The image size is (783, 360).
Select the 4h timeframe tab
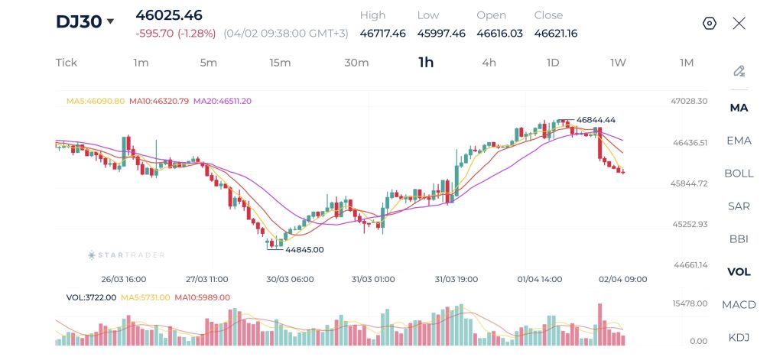coord(489,63)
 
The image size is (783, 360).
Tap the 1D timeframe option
coord(552,63)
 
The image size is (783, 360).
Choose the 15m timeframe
coord(280,63)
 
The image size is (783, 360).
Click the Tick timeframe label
coord(67,63)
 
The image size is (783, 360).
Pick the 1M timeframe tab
coord(686,63)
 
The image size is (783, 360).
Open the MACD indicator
coord(739,304)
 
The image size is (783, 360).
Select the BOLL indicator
coord(739,173)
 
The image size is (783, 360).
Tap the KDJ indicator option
coord(739,337)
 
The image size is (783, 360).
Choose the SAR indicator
coord(739,206)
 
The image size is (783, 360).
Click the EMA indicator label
coord(739,141)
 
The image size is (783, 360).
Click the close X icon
coord(739,23)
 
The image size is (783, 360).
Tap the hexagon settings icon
coord(709,23)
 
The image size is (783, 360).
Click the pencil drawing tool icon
coord(739,71)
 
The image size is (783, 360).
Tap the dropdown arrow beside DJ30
coord(110,21)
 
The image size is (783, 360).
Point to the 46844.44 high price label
coord(596,120)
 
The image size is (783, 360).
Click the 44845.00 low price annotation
coord(304,249)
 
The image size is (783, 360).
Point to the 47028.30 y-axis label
coord(689,101)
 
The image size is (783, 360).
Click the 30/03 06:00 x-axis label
coord(290,279)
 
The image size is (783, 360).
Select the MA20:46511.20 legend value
coord(223,101)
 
